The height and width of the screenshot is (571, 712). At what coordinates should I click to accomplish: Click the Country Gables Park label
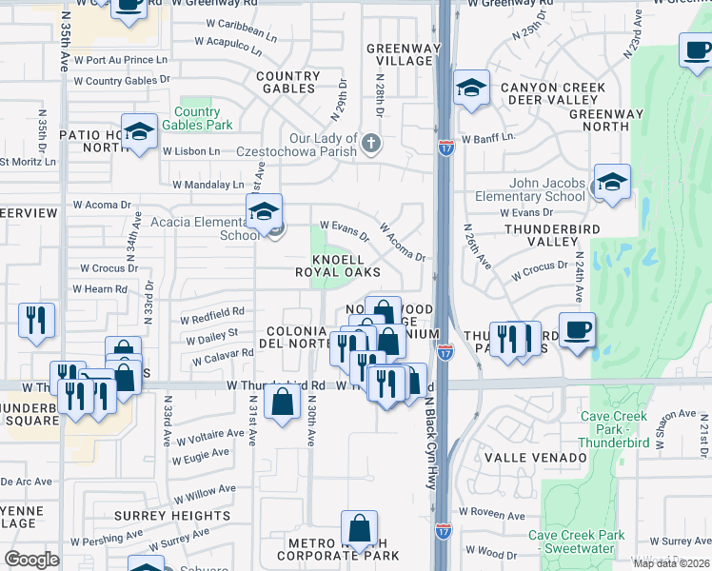click(x=197, y=119)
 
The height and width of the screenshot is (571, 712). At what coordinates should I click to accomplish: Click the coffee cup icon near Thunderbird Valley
click(x=577, y=330)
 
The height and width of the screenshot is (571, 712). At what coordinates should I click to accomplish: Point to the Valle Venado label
click(x=535, y=458)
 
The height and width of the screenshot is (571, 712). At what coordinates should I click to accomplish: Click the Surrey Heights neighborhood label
click(x=172, y=516)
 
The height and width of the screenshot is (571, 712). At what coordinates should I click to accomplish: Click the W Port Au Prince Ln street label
click(x=121, y=60)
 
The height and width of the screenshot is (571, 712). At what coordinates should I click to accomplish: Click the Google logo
click(x=31, y=560)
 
